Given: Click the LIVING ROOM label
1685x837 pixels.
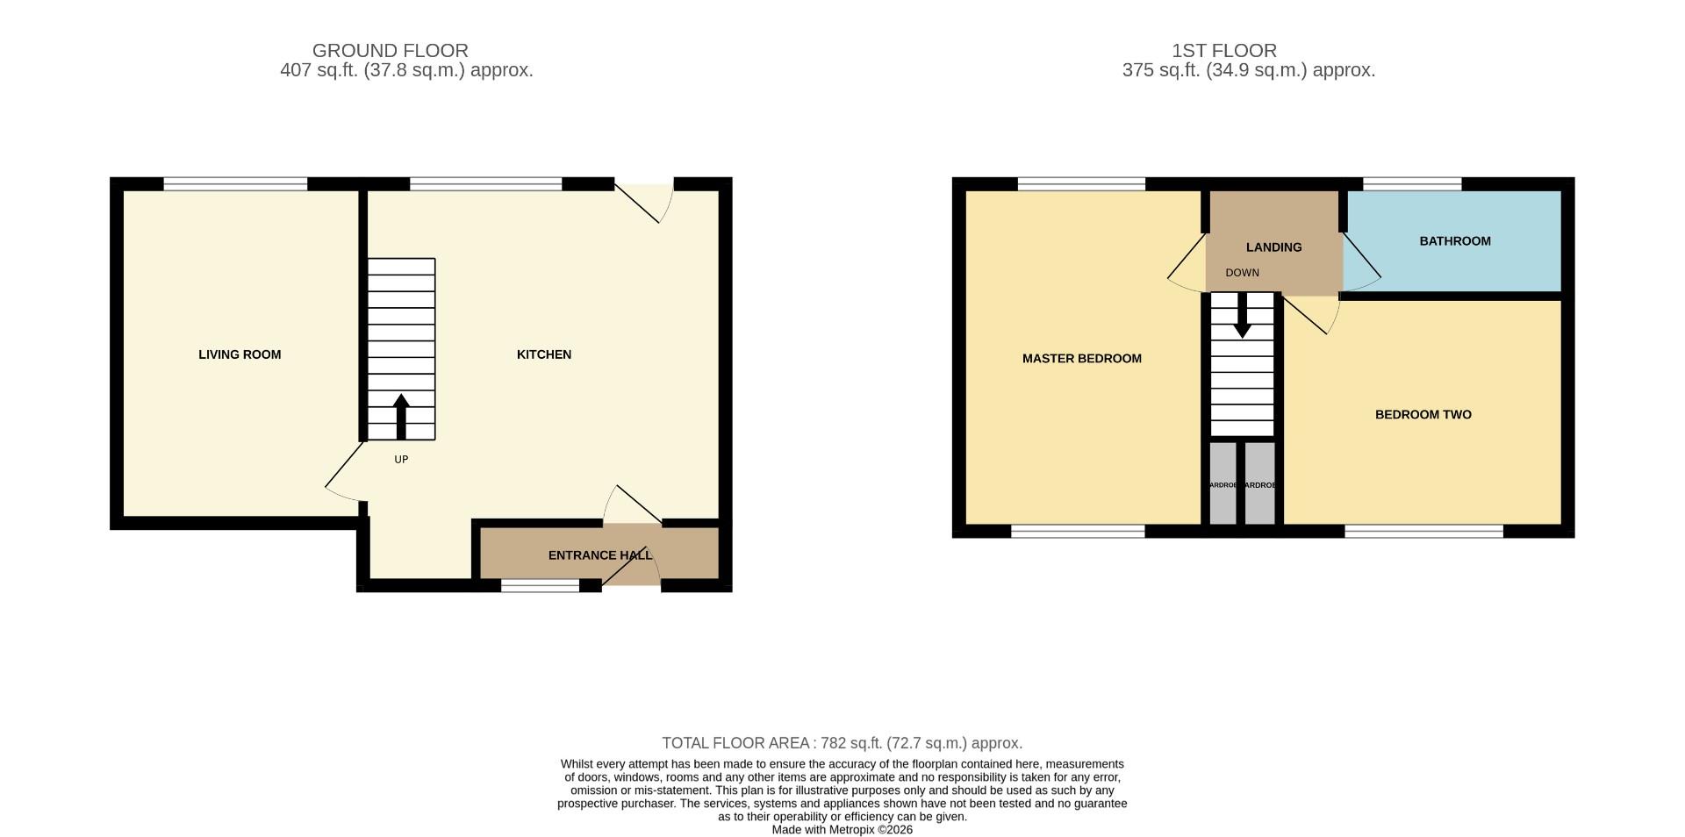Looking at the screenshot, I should [240, 354].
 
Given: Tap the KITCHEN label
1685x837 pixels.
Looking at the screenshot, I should [543, 354].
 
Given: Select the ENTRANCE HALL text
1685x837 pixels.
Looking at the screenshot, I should [599, 555].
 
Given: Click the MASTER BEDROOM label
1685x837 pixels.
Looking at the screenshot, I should [1081, 358].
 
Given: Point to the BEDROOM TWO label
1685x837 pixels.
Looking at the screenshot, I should [1423, 414].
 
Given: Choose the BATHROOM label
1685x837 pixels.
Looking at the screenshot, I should [1454, 241].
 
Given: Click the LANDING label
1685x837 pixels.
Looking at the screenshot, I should [1273, 247].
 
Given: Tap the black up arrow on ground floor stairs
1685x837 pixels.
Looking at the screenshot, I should [401, 417].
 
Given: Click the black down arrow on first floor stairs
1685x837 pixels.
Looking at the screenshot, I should [1242, 316].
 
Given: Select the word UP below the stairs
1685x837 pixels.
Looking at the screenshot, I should [401, 460].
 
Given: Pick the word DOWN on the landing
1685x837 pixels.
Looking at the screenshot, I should [1242, 273].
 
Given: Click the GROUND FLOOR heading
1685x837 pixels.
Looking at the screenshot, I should [390, 51].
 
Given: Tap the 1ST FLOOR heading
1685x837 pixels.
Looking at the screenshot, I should [1223, 51].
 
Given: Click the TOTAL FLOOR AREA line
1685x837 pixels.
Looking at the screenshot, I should [842, 743].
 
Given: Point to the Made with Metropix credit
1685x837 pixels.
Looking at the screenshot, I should [842, 830].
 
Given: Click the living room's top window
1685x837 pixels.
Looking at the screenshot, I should [235, 184].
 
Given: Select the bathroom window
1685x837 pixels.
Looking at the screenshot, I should [1412, 184].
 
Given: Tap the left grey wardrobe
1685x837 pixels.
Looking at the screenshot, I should [1223, 484].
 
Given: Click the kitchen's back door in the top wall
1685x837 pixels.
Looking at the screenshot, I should [643, 197].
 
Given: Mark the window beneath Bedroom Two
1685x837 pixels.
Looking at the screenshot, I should [1423, 531].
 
